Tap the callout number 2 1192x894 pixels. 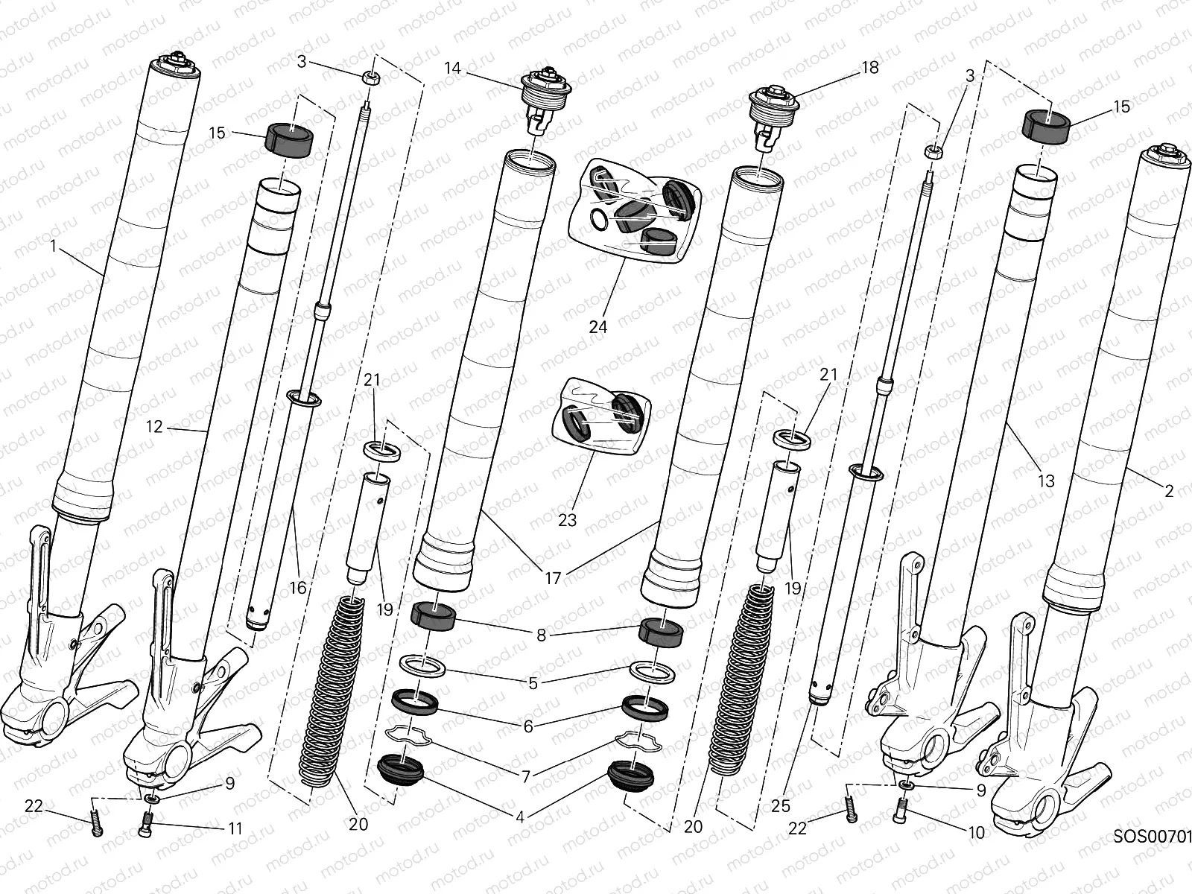(1168, 491)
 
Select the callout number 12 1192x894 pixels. (153, 427)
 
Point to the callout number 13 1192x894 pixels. (1046, 481)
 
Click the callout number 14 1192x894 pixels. (453, 69)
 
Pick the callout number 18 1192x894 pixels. (870, 68)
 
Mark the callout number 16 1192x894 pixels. (297, 588)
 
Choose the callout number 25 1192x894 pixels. (780, 805)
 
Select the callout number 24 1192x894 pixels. (598, 326)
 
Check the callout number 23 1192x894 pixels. (567, 520)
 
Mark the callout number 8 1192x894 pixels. (541, 635)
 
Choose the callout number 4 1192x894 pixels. (520, 817)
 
